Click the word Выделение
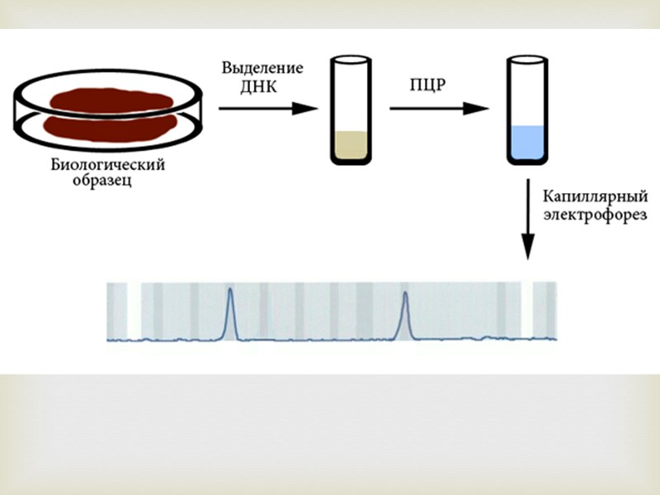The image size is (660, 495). (x=262, y=67)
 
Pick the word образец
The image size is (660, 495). (x=100, y=181)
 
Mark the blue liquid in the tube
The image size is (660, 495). (x=526, y=142)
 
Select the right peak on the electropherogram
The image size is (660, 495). (x=405, y=313)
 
